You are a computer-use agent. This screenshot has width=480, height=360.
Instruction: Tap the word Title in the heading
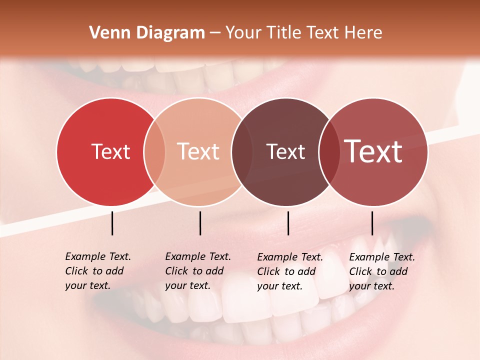point(282,33)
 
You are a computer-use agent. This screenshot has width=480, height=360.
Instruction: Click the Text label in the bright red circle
point(110,151)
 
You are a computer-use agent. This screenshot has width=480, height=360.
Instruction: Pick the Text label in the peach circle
point(198,151)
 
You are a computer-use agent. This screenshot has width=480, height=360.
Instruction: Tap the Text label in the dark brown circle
point(285,151)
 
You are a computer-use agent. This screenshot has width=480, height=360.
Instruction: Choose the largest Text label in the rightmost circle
point(373,151)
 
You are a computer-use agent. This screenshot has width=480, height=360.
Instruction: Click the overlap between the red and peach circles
point(154,151)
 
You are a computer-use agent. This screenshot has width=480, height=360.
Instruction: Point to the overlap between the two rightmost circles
point(329,151)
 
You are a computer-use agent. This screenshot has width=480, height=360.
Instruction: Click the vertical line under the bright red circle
point(112,223)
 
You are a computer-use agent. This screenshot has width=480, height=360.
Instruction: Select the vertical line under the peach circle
point(200,223)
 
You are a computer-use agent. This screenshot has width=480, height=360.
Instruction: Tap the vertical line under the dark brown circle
point(288,223)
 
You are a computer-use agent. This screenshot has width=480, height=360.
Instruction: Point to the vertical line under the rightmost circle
point(372,223)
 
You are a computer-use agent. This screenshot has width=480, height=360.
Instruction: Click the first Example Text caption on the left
point(97,271)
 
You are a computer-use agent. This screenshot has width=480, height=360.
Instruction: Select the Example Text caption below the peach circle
point(197,271)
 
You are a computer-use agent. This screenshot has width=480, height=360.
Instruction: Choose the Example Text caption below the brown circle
point(289,271)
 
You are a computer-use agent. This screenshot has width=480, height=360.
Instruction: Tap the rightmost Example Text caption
point(381,271)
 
